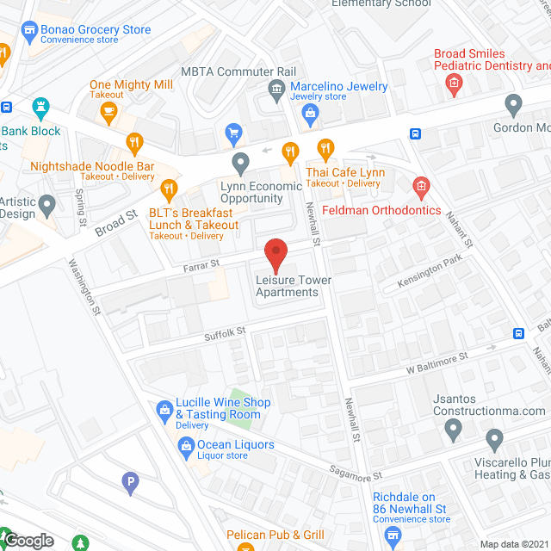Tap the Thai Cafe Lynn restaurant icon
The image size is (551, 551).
325,149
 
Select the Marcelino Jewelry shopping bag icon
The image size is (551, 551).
311,112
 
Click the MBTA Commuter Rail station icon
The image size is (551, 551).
276,87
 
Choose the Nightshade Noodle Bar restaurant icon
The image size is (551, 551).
133,142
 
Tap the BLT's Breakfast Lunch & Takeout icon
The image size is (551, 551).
169,188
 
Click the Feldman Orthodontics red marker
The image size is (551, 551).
421,185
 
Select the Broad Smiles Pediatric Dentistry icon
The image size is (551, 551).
453,83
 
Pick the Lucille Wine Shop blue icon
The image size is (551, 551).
164,410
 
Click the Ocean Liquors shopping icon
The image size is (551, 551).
185,445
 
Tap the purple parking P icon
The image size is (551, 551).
130,484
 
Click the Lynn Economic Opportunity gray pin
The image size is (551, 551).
240,162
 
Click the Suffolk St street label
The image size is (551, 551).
225,331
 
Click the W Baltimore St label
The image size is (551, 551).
436,361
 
